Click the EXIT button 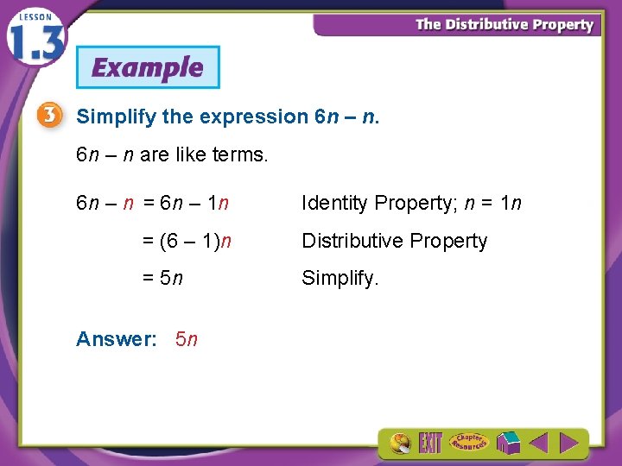pyautogui.click(x=430, y=444)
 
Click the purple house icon pyautogui.click(x=508, y=444)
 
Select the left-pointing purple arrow pyautogui.click(x=538, y=444)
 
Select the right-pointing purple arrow pyautogui.click(x=568, y=444)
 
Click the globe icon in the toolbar pyautogui.click(x=400, y=444)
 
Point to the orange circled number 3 pyautogui.click(x=50, y=116)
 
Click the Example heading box pyautogui.click(x=148, y=67)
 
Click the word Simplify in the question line pyautogui.click(x=107, y=116)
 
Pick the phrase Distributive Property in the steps pyautogui.click(x=394, y=242)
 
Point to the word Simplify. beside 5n pyautogui.click(x=340, y=279)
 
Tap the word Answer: pyautogui.click(x=116, y=339)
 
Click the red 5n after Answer pyautogui.click(x=186, y=339)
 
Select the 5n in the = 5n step pyautogui.click(x=172, y=279)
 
